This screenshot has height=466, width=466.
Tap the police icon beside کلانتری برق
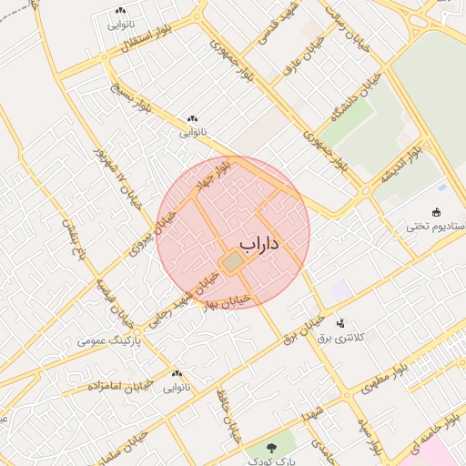click(341, 322)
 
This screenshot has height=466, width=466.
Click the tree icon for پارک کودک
click(272, 447)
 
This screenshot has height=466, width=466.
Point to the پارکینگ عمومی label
click(108, 340)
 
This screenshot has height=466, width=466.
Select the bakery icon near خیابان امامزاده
click(177, 373)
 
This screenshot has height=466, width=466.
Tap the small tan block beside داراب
click(234, 262)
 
